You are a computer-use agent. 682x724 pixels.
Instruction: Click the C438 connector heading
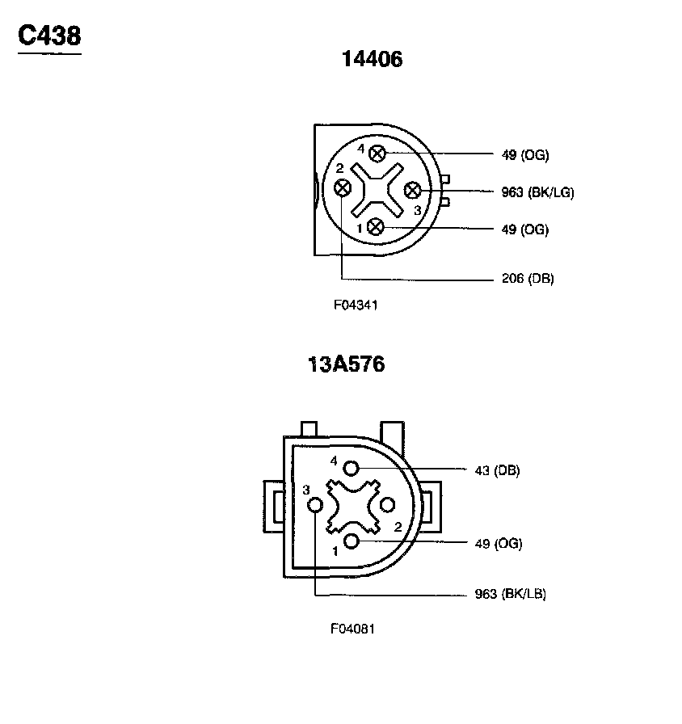(49, 36)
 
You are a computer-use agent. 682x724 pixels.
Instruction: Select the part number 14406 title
(372, 59)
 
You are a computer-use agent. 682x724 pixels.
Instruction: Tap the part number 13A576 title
(346, 364)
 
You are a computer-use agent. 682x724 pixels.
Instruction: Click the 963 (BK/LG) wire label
(537, 192)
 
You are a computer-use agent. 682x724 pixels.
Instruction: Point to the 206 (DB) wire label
(528, 279)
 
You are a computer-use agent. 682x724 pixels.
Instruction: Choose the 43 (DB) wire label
(497, 470)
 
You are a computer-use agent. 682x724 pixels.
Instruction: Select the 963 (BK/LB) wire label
(510, 593)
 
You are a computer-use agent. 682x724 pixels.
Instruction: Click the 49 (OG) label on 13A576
(499, 544)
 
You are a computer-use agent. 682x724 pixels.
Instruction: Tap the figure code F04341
(356, 305)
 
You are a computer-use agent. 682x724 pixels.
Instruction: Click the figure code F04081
(352, 629)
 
